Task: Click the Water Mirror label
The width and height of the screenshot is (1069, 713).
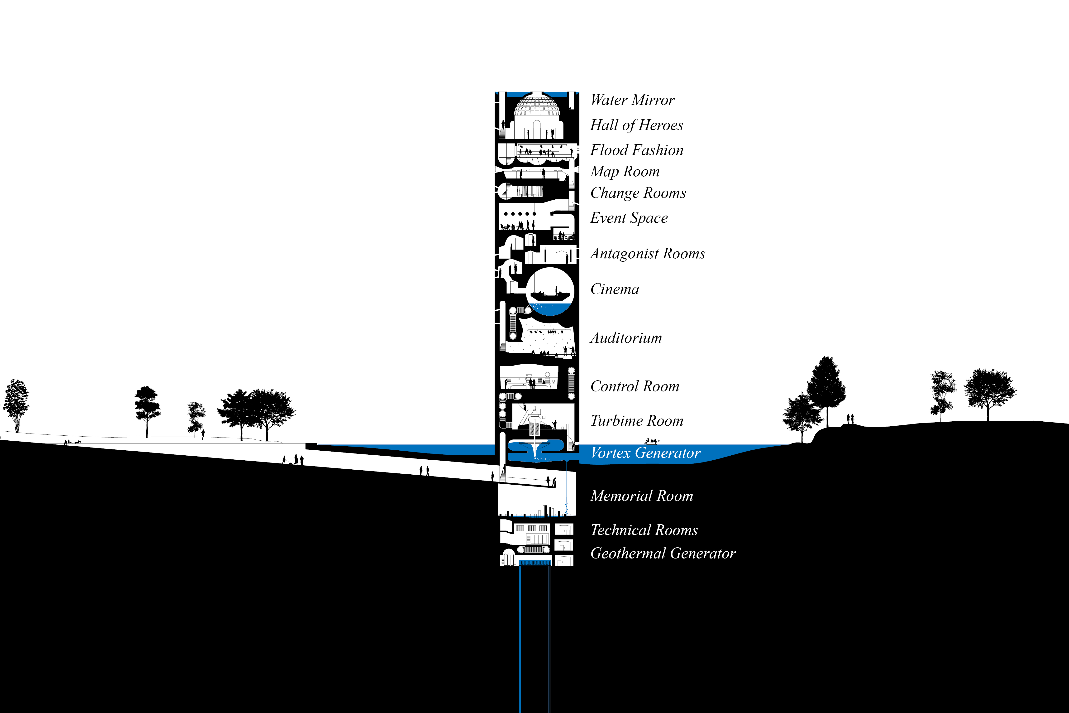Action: point(632,100)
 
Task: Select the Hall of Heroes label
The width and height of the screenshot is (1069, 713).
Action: point(636,125)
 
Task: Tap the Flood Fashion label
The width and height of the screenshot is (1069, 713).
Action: point(636,150)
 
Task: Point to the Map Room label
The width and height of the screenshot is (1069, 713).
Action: point(625,171)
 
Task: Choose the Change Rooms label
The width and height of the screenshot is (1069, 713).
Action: point(638,193)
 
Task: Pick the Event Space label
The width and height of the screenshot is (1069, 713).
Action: point(629,218)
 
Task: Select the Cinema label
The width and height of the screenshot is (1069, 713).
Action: point(615,289)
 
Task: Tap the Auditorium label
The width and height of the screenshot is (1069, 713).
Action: point(626,338)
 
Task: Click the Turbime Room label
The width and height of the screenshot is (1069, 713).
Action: point(636,421)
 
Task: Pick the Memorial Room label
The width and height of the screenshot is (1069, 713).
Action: point(641,496)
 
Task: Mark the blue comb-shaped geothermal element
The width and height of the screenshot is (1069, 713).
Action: point(534,563)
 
